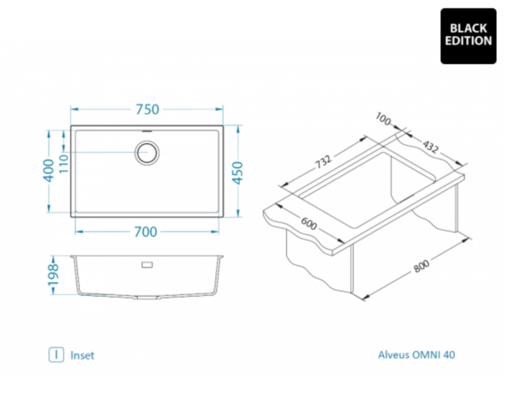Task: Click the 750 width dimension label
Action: click(147, 109)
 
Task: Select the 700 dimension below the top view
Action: click(146, 232)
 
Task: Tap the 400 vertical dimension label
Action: click(49, 171)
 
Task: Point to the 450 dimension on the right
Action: click(237, 173)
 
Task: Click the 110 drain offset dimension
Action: click(63, 164)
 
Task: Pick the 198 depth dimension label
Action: click(52, 275)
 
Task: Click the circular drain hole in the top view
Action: click(147, 153)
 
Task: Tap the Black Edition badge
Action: click(468, 36)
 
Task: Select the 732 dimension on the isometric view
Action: click(324, 161)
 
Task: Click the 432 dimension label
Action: click(430, 147)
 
